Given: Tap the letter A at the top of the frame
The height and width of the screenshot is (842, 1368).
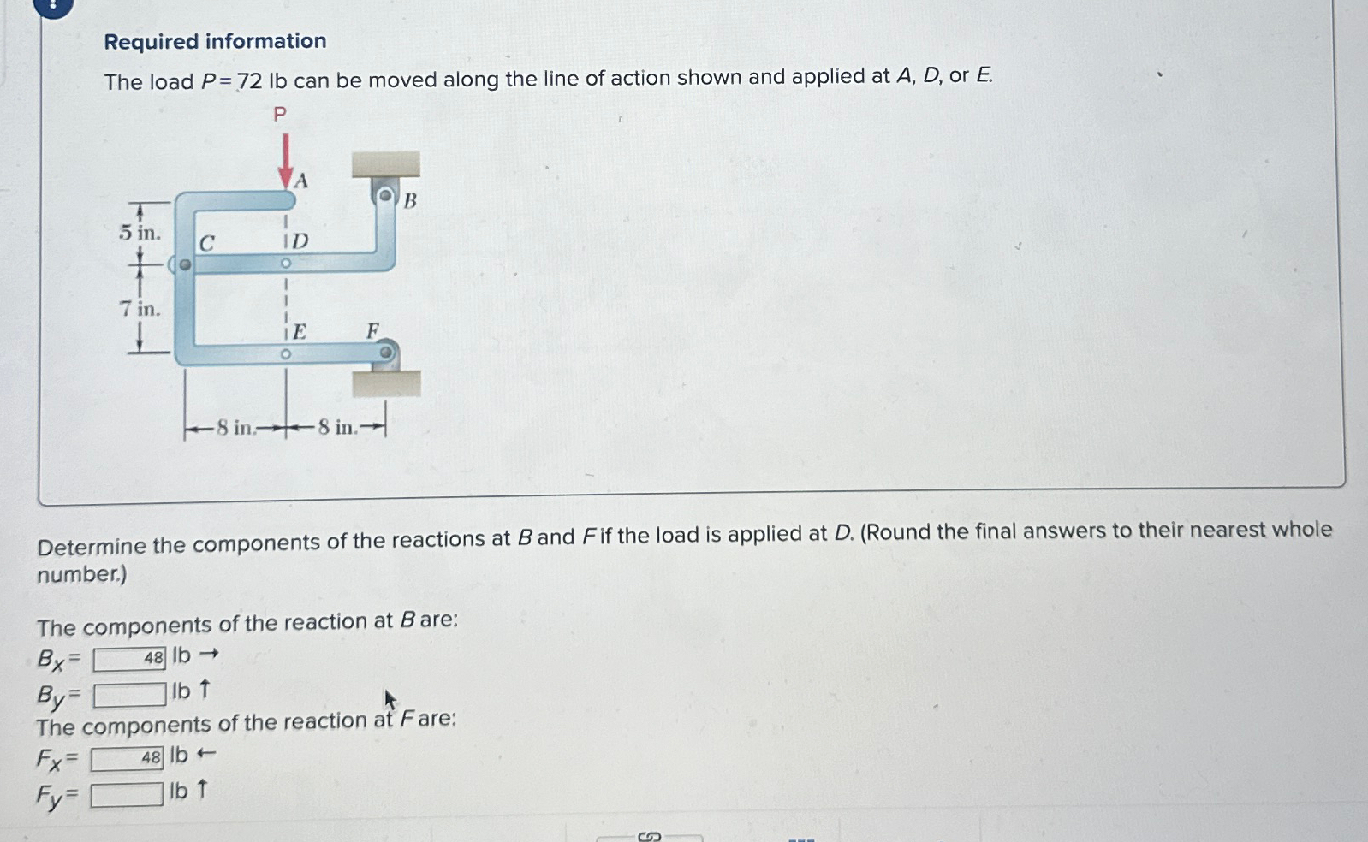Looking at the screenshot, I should coord(300,181).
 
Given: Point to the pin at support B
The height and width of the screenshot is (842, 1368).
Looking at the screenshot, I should coord(386,196).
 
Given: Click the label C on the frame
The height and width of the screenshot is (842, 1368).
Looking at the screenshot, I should coord(206,244).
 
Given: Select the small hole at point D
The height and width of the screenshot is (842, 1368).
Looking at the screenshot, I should coord(286,264).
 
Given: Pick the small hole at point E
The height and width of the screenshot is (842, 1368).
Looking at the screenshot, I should coord(286,353).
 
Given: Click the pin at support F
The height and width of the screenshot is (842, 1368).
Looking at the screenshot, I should coord(386,352).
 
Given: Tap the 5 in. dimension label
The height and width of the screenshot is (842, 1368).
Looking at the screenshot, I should coord(140,232).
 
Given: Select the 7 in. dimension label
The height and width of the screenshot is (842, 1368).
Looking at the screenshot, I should coord(140,309).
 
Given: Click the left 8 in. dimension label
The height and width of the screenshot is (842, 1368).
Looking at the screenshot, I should coord(235,427).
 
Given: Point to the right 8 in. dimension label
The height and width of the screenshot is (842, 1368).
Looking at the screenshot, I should coord(336,427).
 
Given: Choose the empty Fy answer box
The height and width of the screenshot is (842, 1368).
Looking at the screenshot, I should coord(127,795).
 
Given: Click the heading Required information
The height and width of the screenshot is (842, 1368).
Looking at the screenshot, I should coord(215,41).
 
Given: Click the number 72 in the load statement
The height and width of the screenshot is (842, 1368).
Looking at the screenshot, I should coord(249,81).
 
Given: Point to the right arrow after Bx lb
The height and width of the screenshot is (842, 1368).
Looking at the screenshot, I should coord(209,655).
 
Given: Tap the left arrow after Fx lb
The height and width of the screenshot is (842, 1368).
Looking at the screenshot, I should coord(205,755).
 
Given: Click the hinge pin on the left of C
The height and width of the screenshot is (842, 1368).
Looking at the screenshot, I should coord(184,264).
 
